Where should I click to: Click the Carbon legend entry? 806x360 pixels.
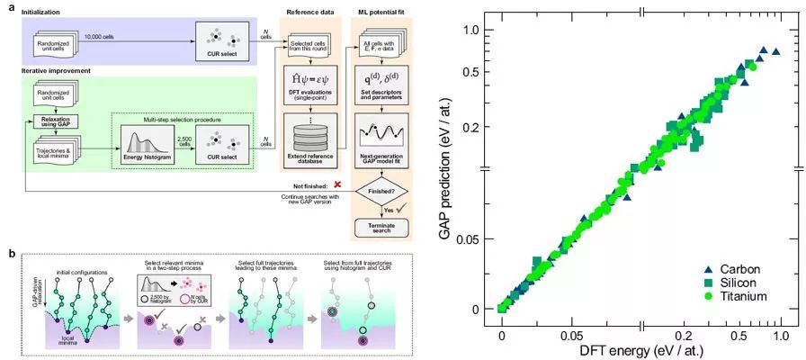click(x=735, y=268)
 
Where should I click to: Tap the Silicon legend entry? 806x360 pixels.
click(x=735, y=282)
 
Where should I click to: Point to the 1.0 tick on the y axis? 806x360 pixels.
click(x=471, y=30)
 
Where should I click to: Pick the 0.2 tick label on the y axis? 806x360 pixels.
click(x=471, y=126)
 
